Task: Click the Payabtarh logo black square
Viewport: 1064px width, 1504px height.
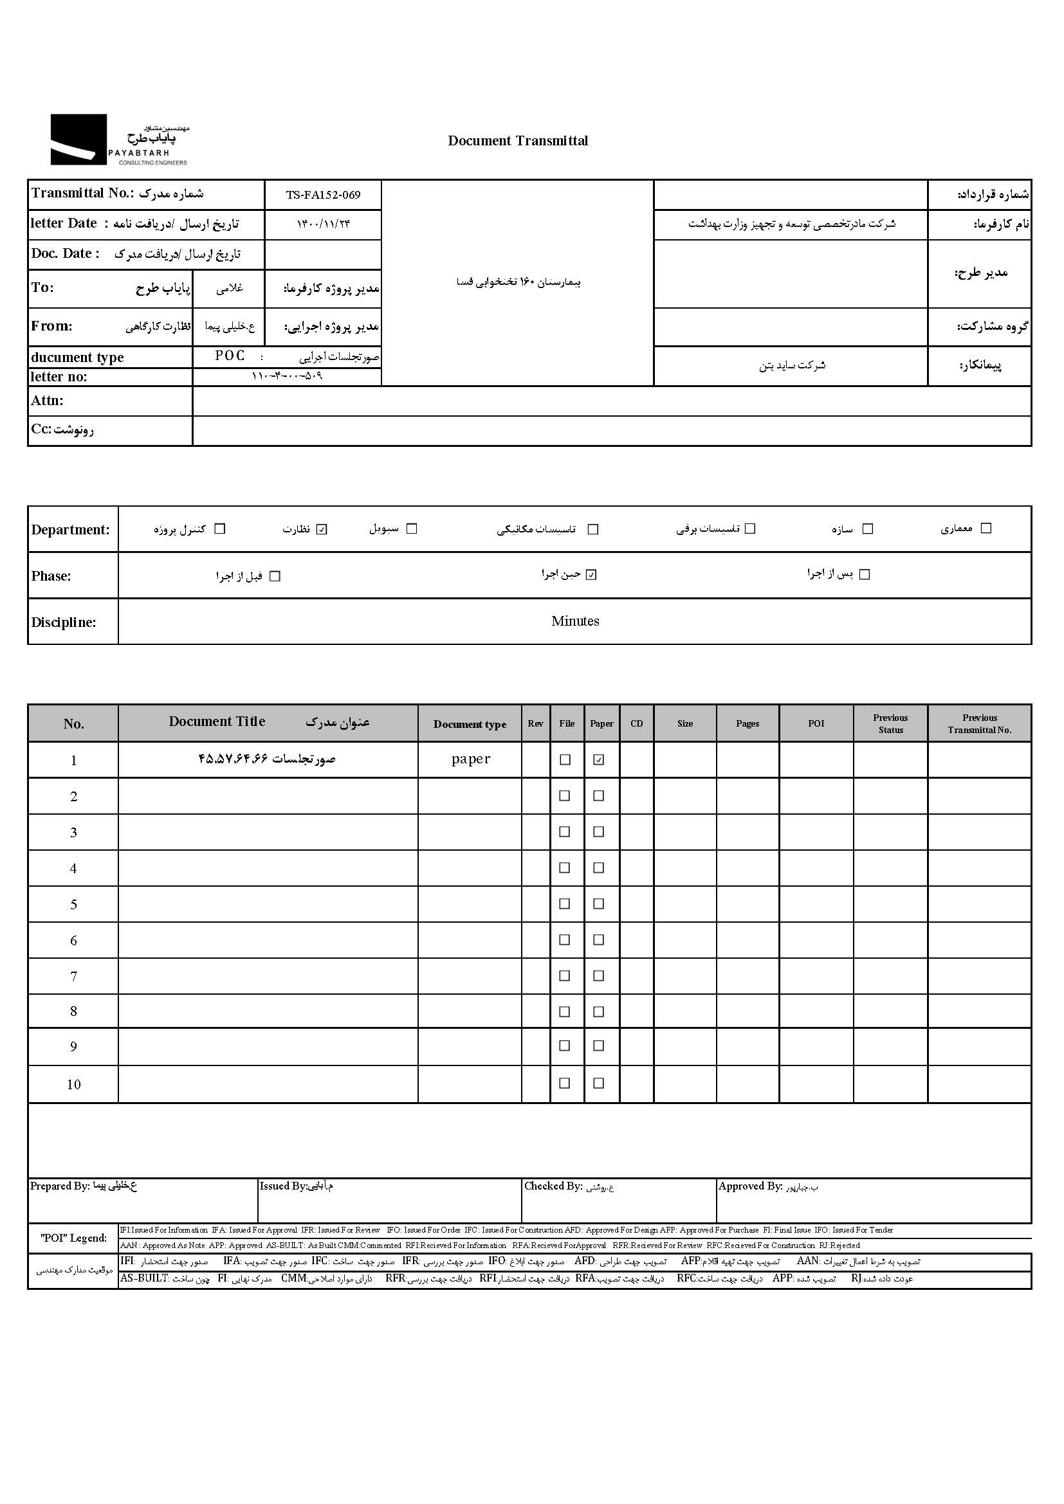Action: [78, 139]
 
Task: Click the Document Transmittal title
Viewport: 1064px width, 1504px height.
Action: [518, 141]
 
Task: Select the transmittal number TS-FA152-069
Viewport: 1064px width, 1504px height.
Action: [323, 195]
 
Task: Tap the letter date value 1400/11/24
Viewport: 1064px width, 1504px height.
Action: [323, 224]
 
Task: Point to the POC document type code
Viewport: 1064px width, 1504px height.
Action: [230, 356]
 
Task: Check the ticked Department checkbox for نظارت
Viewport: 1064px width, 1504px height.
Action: [321, 529]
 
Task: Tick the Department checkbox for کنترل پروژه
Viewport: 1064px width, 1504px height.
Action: [220, 529]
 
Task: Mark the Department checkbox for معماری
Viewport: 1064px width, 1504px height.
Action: [986, 528]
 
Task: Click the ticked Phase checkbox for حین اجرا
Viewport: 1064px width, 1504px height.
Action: [591, 574]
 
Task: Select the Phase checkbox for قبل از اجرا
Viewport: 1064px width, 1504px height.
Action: [275, 576]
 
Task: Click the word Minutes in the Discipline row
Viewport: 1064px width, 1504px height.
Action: [574, 621]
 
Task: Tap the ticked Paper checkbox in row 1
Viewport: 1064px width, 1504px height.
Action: [598, 760]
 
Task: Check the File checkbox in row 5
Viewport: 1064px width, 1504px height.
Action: [564, 904]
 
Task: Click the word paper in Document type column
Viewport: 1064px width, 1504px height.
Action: [470, 759]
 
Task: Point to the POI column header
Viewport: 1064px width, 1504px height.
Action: [816, 723]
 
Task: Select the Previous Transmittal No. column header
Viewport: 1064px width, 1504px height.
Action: [979, 723]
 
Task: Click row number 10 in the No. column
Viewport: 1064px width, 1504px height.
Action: [73, 1084]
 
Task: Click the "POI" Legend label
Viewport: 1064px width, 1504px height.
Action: [73, 1237]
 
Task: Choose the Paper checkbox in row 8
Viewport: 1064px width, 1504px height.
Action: [598, 1012]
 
